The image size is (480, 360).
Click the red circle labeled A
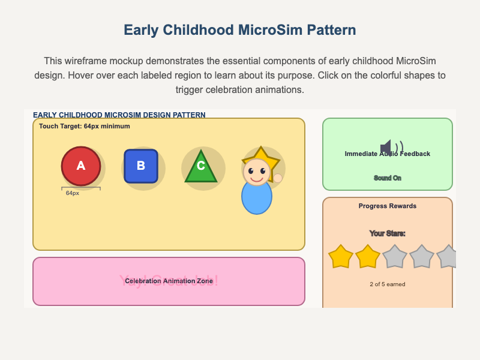pos(80,166)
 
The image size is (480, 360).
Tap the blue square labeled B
pos(140,166)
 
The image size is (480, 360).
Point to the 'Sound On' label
pos(388,178)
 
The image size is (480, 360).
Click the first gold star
pos(341,257)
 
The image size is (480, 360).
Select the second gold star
pos(368,257)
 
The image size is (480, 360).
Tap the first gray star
pos(395,257)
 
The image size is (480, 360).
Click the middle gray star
pos(422,257)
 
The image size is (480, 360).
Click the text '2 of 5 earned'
pos(388,284)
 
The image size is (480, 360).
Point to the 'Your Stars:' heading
pos(388,233)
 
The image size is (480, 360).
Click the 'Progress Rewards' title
pos(388,206)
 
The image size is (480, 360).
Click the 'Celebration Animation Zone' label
pos(169,281)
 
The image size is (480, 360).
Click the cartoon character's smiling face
pos(257,173)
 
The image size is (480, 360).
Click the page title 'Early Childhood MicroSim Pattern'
pos(240,31)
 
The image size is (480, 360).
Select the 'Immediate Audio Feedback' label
pos(388,154)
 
